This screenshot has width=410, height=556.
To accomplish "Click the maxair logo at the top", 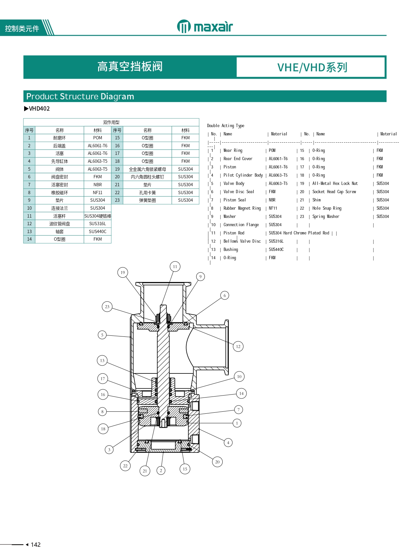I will point(205,26).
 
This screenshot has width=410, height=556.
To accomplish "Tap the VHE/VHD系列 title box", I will point(311,67).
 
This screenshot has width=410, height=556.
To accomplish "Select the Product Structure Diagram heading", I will point(80,96).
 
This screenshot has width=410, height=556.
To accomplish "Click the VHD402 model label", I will point(39,109).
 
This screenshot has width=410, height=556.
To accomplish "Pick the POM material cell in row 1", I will point(97,138).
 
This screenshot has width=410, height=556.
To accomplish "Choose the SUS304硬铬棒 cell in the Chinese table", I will point(97,216).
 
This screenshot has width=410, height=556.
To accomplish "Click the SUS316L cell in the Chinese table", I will point(97,224).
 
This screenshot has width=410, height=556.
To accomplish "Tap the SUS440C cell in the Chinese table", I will point(97,231).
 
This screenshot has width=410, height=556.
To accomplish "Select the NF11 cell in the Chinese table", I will point(97,192).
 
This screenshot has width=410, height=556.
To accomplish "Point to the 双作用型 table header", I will point(111,122).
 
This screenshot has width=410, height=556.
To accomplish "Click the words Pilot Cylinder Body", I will point(243,175).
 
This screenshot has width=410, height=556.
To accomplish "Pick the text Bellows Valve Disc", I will point(242,241).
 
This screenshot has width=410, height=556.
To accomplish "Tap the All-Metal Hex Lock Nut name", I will point(335,184).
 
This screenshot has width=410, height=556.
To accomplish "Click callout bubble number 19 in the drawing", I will point(123,272).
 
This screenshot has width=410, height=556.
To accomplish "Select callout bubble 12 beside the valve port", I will point(238,346).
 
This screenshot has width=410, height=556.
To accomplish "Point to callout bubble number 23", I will point(107,307).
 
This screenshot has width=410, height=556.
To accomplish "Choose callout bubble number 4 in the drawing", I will point(228,442).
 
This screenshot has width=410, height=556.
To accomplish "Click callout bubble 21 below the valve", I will point(145,471).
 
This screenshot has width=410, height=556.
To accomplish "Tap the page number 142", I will point(35,545).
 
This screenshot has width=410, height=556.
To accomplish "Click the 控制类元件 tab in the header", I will point(22,29).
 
